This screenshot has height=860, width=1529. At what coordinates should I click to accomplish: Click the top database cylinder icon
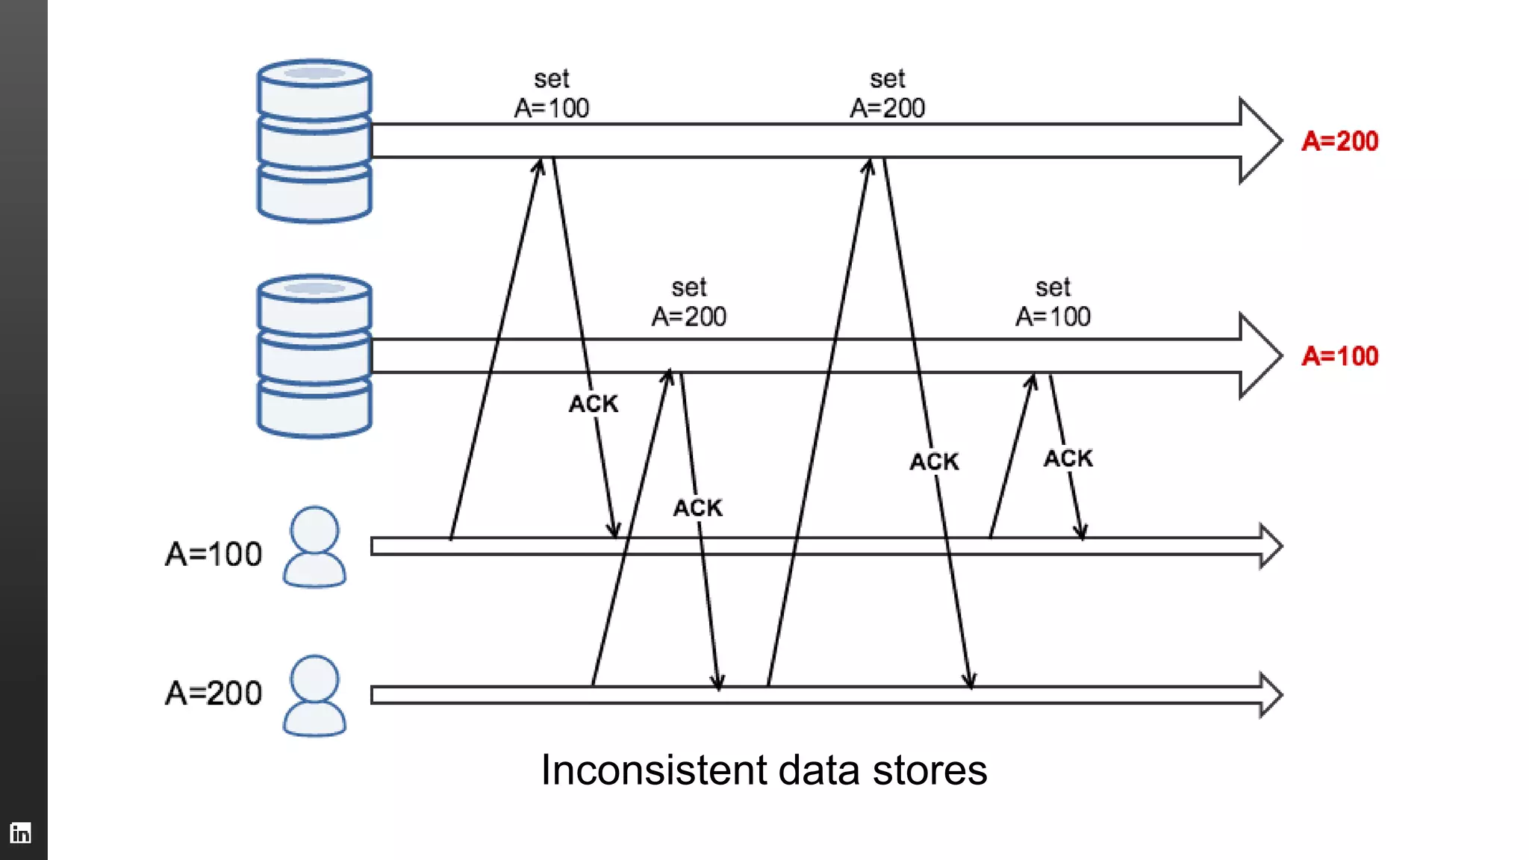(x=314, y=141)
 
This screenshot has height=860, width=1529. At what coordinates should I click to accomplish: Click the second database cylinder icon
(x=314, y=356)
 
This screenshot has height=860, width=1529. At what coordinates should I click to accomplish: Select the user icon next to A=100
(x=314, y=546)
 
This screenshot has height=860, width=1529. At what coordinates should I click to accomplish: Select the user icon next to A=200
(x=314, y=695)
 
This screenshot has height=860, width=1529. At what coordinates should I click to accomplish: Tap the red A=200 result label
(x=1339, y=141)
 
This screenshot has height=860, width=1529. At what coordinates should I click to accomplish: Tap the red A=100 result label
(x=1339, y=356)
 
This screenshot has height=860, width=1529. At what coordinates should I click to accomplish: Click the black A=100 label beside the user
(x=214, y=554)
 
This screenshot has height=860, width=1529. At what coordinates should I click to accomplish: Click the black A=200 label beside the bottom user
(x=214, y=694)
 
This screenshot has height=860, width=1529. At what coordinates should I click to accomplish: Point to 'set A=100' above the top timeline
(x=552, y=94)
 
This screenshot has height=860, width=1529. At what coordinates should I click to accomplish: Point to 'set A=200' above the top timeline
(x=887, y=94)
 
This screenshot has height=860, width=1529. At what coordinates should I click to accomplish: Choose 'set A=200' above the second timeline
(x=688, y=302)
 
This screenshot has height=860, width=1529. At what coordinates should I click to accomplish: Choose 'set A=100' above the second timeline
(x=1053, y=302)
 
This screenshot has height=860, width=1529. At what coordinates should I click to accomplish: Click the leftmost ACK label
(x=594, y=404)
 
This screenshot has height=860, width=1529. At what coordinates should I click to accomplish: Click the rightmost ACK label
(x=1068, y=458)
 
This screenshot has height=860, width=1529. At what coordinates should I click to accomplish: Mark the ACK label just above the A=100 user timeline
(x=698, y=508)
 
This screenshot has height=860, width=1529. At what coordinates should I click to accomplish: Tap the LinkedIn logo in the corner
(x=21, y=832)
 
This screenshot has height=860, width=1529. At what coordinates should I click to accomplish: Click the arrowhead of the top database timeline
(x=1262, y=140)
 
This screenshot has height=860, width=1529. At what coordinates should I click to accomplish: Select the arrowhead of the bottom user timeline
(x=1271, y=695)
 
